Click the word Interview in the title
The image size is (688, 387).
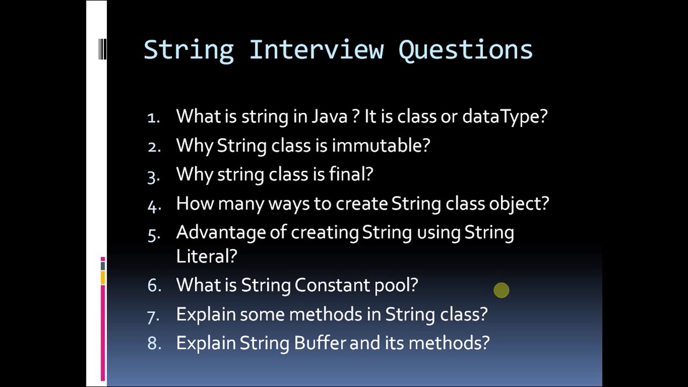(x=316, y=49)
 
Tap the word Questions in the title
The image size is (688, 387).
(x=465, y=49)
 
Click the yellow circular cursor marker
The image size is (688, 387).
(x=501, y=291)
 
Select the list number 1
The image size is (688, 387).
(x=153, y=117)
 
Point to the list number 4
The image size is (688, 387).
(x=153, y=204)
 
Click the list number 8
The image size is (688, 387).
(x=154, y=343)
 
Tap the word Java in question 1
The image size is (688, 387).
(x=329, y=117)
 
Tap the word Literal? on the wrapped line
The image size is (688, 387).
(x=206, y=256)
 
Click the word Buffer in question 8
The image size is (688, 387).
(x=320, y=343)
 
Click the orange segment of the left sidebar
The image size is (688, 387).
(x=103, y=277)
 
